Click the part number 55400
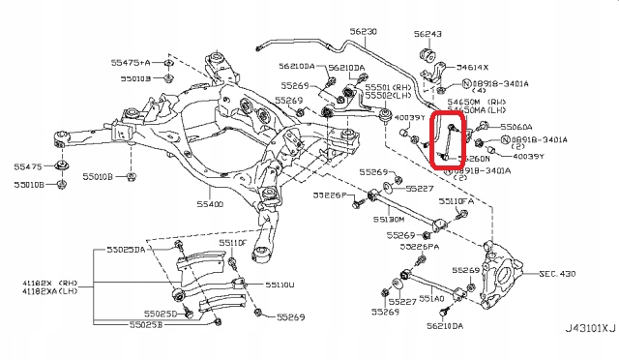[210, 205]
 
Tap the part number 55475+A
[131, 62]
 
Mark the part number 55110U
[280, 285]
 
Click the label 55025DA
[126, 250]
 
